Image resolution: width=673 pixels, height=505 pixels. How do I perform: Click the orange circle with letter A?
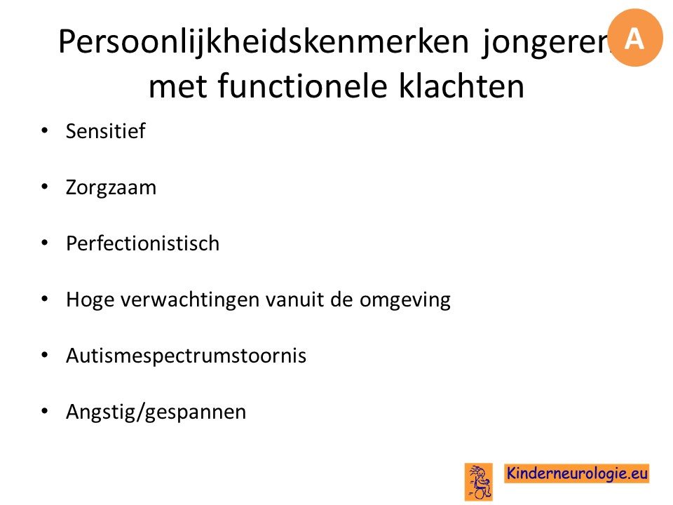coord(635,38)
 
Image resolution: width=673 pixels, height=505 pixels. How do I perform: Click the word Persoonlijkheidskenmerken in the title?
coord(264,43)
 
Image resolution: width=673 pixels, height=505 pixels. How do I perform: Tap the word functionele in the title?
coord(303,86)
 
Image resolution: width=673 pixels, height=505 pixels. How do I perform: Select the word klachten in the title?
coord(461,86)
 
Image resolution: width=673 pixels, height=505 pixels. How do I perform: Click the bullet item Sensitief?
coord(106,131)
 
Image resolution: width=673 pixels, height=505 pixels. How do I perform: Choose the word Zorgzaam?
coord(111,188)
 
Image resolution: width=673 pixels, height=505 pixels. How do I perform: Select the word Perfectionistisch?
coord(142,243)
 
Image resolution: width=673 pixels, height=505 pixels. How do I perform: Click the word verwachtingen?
coord(190,300)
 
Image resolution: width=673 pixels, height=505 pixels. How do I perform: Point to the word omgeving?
coord(405,300)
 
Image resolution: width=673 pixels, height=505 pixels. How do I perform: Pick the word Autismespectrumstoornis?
coord(186,356)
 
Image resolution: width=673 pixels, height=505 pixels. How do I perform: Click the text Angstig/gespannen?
coord(156,412)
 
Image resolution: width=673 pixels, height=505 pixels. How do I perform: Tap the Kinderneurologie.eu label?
coord(577,473)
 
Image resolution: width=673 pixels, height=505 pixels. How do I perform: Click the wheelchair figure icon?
coord(479,481)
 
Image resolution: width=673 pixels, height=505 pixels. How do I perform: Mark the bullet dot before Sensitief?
coord(45,130)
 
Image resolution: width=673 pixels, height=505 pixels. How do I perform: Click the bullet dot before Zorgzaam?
coord(45,187)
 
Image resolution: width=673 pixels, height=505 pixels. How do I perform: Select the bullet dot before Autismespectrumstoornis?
coord(45,355)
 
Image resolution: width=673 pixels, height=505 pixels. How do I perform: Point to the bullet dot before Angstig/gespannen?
coord(45,411)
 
